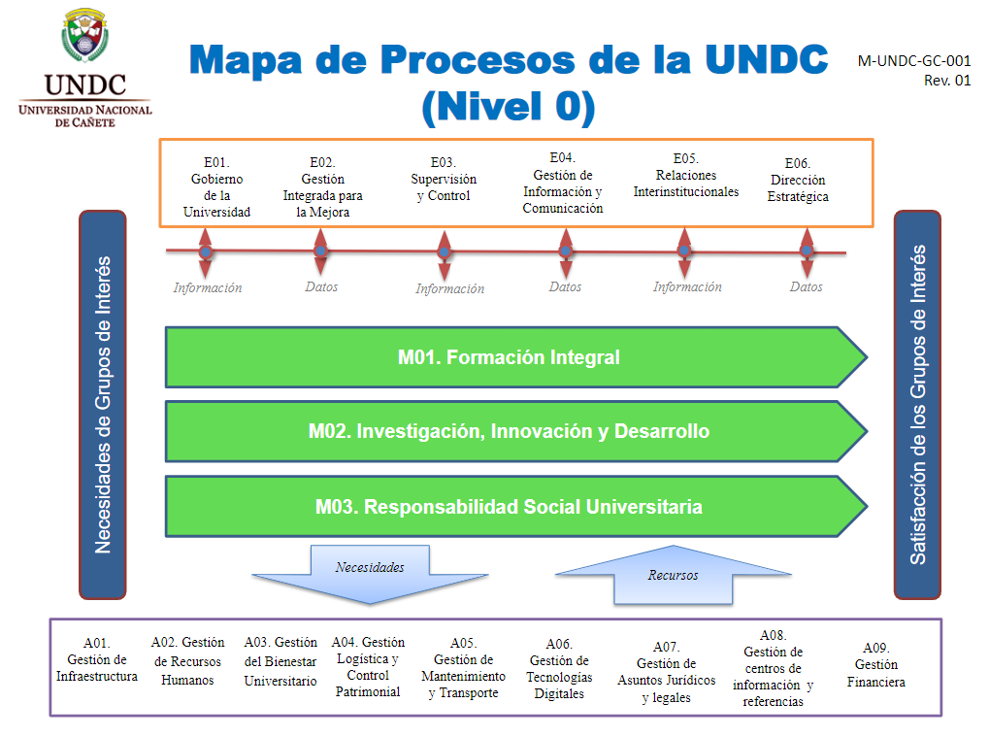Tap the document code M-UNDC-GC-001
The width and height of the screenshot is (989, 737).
pyautogui.click(x=913, y=60)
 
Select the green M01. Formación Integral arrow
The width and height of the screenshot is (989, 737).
pyautogui.click(x=509, y=357)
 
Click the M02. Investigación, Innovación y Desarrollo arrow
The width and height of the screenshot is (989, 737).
pyautogui.click(x=509, y=431)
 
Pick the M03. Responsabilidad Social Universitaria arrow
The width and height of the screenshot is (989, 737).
pyautogui.click(x=509, y=506)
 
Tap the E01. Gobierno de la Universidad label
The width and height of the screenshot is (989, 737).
pyautogui.click(x=216, y=187)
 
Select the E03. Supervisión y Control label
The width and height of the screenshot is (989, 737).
pyautogui.click(x=444, y=180)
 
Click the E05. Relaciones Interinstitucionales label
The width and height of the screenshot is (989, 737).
pyautogui.click(x=685, y=176)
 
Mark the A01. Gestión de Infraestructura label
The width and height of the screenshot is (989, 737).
pyautogui.click(x=97, y=659)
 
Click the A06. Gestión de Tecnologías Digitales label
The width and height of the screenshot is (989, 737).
pyautogui.click(x=559, y=669)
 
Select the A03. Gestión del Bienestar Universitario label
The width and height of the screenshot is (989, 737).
pyautogui.click(x=280, y=661)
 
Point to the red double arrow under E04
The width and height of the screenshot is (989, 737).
pyautogui.click(x=566, y=252)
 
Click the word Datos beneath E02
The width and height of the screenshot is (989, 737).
pyautogui.click(x=321, y=287)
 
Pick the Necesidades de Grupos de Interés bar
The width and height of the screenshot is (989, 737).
pyautogui.click(x=103, y=404)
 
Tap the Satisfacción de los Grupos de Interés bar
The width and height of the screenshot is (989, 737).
pyautogui.click(x=917, y=404)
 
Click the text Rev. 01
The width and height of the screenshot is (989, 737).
pyautogui.click(x=947, y=81)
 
